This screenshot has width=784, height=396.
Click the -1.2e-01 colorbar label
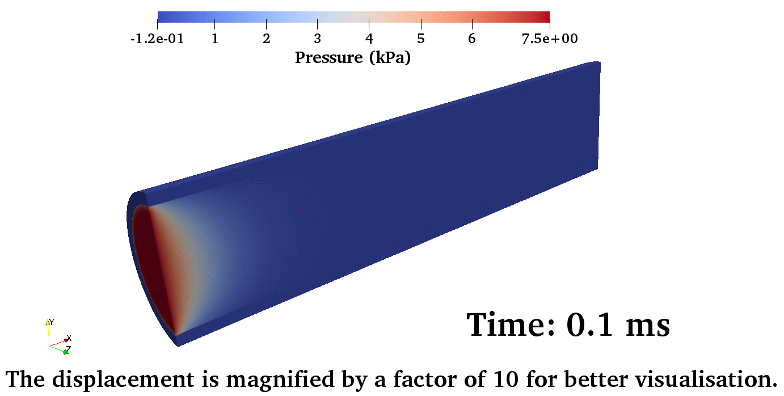click(157, 39)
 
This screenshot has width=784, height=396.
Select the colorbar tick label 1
click(215, 39)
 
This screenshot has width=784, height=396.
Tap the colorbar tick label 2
click(267, 39)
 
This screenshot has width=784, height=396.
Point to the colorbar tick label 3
click(317, 39)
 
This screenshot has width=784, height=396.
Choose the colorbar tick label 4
click(369, 39)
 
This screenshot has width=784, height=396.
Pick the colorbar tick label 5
click(421, 39)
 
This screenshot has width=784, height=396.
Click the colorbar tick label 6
click(472, 39)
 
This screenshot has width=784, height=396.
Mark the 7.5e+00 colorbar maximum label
click(550, 39)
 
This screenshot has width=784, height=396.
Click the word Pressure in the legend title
click(328, 58)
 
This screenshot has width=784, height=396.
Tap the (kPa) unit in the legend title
click(390, 58)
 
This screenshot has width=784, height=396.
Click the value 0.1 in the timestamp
click(590, 325)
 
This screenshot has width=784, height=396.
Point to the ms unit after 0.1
click(647, 327)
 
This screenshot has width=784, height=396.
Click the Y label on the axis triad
click(52, 322)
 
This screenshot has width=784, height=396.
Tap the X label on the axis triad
click(69, 338)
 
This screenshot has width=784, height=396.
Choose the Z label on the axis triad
click(69, 349)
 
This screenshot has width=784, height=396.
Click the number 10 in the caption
click(506, 379)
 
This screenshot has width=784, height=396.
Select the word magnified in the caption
click(281, 380)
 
